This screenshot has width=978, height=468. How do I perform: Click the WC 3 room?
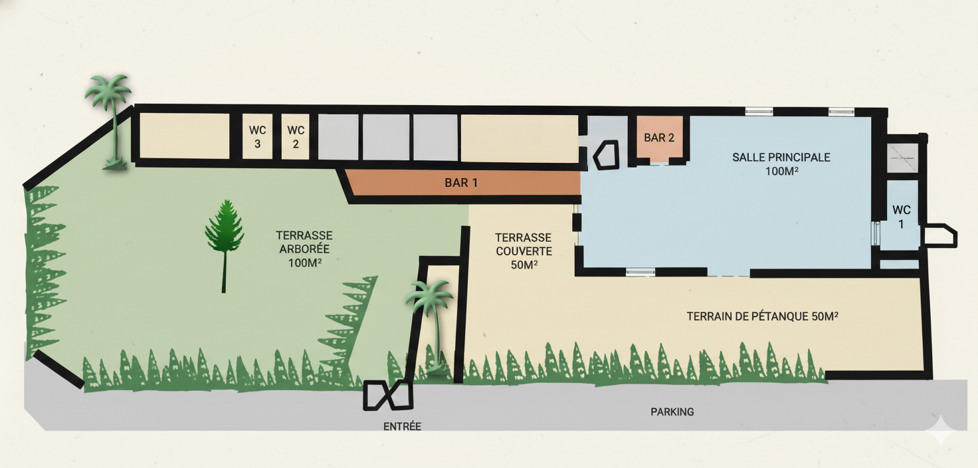pyautogui.click(x=257, y=137)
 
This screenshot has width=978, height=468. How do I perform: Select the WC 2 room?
pyautogui.click(x=296, y=137)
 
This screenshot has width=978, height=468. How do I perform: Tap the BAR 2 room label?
pyautogui.click(x=659, y=138)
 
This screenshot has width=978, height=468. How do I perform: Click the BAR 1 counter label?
pyautogui.click(x=461, y=183)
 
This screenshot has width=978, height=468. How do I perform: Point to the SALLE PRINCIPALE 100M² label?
pyautogui.click(x=781, y=164)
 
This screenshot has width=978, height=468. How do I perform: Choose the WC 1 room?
pyautogui.click(x=901, y=216)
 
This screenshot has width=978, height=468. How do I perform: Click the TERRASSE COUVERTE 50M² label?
pyautogui.click(x=524, y=251)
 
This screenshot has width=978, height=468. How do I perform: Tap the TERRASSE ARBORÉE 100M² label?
pyautogui.click(x=304, y=249)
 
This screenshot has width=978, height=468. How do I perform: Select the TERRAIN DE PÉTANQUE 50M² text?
pyautogui.click(x=762, y=316)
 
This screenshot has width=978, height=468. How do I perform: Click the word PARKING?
pyautogui.click(x=672, y=411)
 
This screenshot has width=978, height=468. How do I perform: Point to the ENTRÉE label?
pyautogui.click(x=402, y=426)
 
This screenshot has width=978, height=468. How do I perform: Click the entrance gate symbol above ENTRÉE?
pyautogui.click(x=388, y=396)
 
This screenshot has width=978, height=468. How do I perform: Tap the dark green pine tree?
pyautogui.click(x=225, y=245)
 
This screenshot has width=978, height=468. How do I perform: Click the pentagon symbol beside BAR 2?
pyautogui.click(x=606, y=155)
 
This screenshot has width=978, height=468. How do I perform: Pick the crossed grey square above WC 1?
pyautogui.click(x=902, y=158)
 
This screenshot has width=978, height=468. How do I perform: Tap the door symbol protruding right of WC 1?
pyautogui.click(x=939, y=236)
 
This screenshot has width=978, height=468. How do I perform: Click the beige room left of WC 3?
pyautogui.click(x=184, y=136)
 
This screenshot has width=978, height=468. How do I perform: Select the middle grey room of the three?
pyautogui.click(x=386, y=137)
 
